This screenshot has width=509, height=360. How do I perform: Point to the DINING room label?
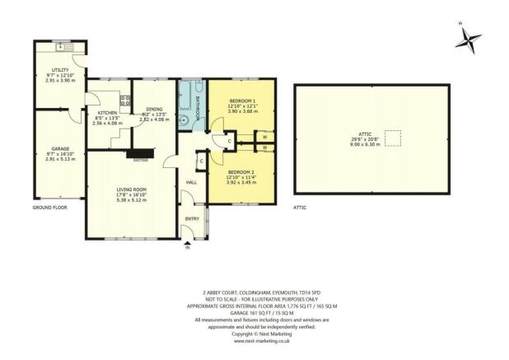click(153, 109)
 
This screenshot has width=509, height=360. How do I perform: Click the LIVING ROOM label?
click(131, 189)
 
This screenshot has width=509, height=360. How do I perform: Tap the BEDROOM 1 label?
click(242, 101)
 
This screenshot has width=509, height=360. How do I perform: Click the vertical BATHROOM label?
click(198, 107)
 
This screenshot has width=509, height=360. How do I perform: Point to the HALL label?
click(190, 182)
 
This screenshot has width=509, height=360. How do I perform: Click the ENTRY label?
click(192, 217)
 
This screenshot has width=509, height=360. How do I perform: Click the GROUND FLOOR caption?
click(49, 208)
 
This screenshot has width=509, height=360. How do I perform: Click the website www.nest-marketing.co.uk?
click(254, 339)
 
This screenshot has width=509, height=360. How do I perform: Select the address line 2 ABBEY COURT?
click(254, 292)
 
